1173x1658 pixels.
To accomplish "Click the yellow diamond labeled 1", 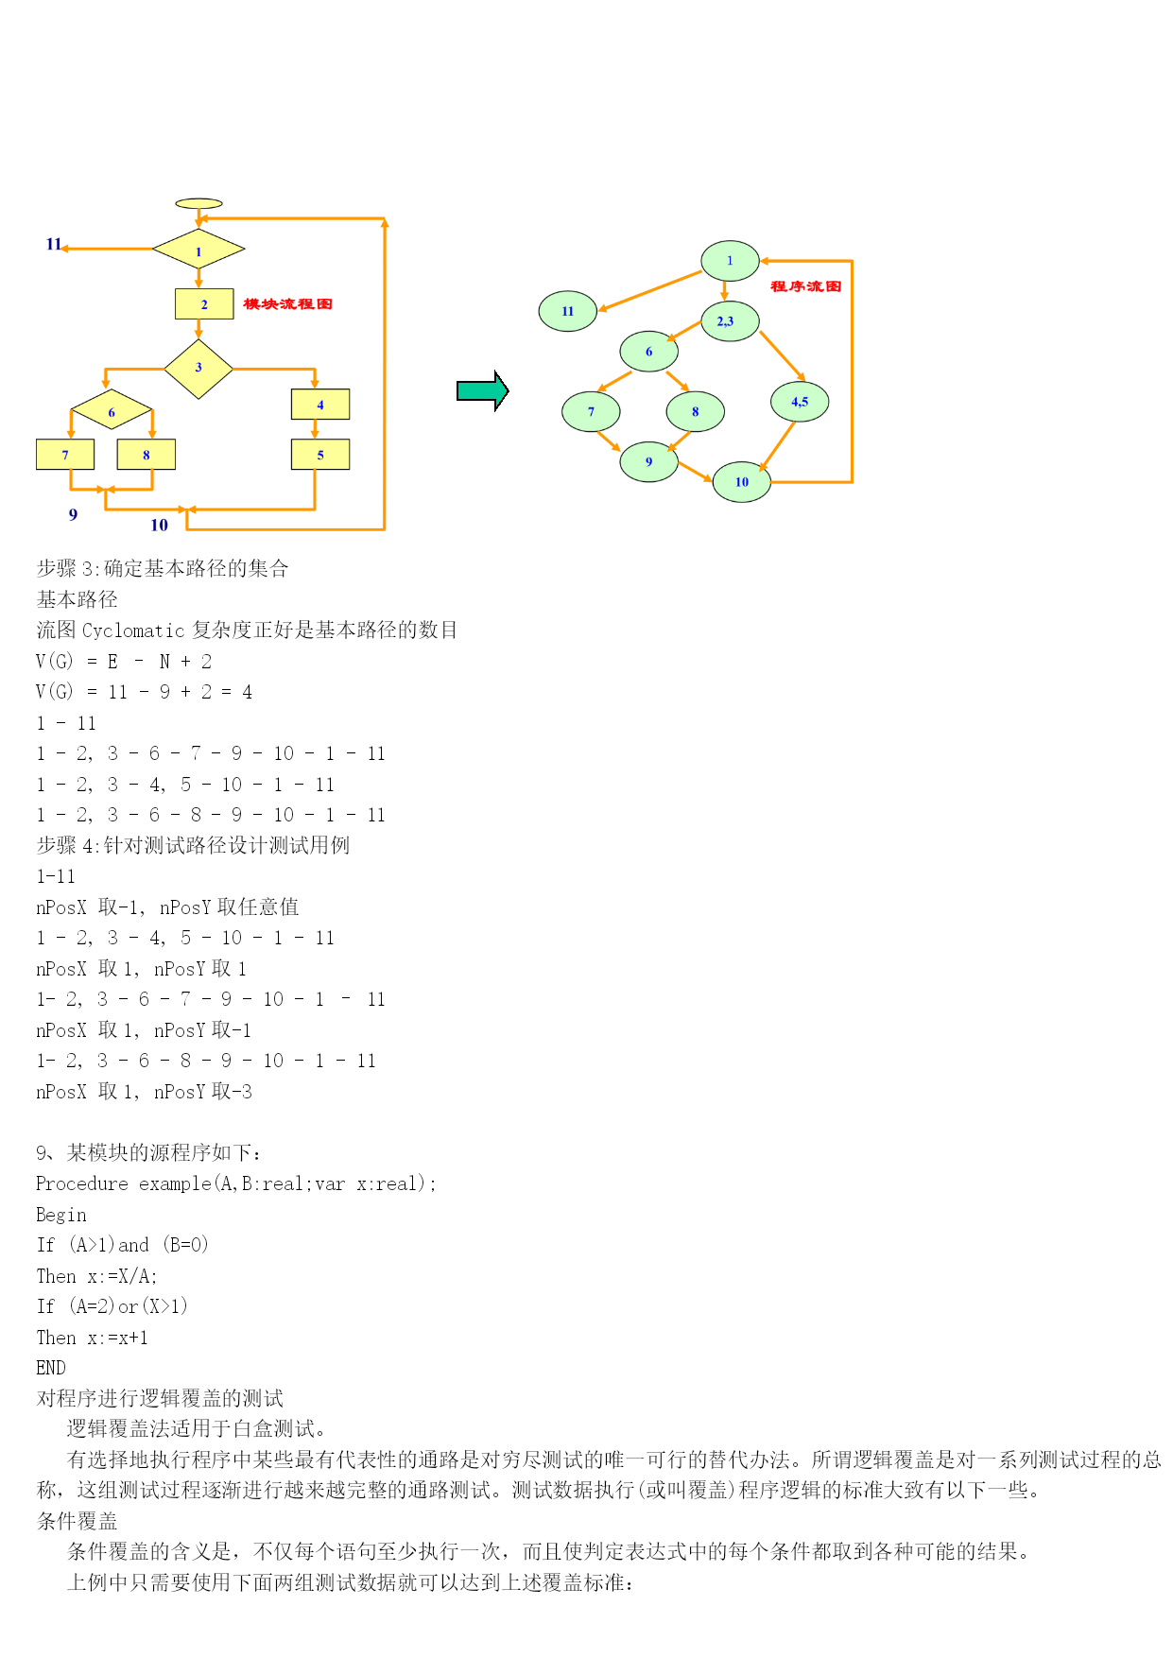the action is pyautogui.click(x=198, y=250).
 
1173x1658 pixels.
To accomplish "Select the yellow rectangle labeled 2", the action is pyautogui.click(x=204, y=303).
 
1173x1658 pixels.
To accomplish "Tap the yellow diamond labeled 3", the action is pyautogui.click(x=198, y=369).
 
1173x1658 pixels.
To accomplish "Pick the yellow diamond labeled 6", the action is pyautogui.click(x=112, y=410).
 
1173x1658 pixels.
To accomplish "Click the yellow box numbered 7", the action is pyautogui.click(x=65, y=455).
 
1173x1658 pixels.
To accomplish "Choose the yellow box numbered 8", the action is pyautogui.click(x=147, y=455).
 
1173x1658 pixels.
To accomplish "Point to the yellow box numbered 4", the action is pyautogui.click(x=320, y=405).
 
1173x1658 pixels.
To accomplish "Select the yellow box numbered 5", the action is pyautogui.click(x=320, y=455).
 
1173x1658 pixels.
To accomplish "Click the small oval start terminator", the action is pyautogui.click(x=199, y=203).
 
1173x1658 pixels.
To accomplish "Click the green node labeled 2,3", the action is pyautogui.click(x=730, y=321).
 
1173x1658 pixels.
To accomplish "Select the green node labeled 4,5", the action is pyautogui.click(x=800, y=402).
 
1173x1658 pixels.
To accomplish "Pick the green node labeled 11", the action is pyautogui.click(x=568, y=311).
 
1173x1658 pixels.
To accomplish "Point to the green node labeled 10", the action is pyautogui.click(x=742, y=482).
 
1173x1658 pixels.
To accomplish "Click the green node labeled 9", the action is pyautogui.click(x=649, y=462).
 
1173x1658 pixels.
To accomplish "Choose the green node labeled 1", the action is pyautogui.click(x=730, y=261).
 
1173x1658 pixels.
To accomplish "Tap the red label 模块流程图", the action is pyautogui.click(x=288, y=303).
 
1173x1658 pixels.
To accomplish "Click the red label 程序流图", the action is pyautogui.click(x=806, y=286).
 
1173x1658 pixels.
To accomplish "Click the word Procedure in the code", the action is pyautogui.click(x=82, y=1183).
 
